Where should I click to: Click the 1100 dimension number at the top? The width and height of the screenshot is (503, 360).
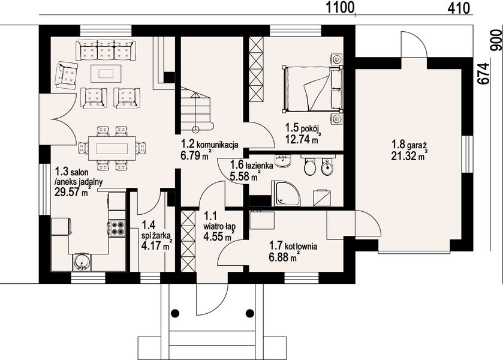click(340, 7)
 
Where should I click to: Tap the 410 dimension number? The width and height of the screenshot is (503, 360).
click(459, 8)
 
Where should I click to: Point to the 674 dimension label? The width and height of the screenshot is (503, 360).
click(484, 73)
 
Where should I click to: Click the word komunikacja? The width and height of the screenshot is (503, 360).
click(217, 145)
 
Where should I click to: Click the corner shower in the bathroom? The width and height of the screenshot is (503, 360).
click(286, 193)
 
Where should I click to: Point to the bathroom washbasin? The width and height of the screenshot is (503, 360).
click(283, 161)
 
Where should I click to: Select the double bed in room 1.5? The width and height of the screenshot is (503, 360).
click(312, 89)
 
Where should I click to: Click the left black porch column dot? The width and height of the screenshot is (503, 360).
click(175, 313)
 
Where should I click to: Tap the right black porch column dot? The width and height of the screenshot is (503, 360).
click(249, 313)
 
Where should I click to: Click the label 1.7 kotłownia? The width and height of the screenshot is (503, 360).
click(293, 247)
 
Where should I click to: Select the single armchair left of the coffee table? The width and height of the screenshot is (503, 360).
click(67, 76)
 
